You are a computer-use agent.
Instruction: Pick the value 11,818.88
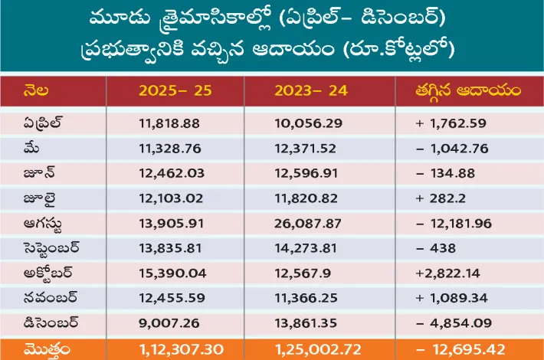pyautogui.click(x=170, y=122)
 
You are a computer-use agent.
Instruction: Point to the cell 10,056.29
pyautogui.click(x=306, y=122)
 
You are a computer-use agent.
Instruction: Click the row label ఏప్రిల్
pyautogui.click(x=44, y=122)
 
